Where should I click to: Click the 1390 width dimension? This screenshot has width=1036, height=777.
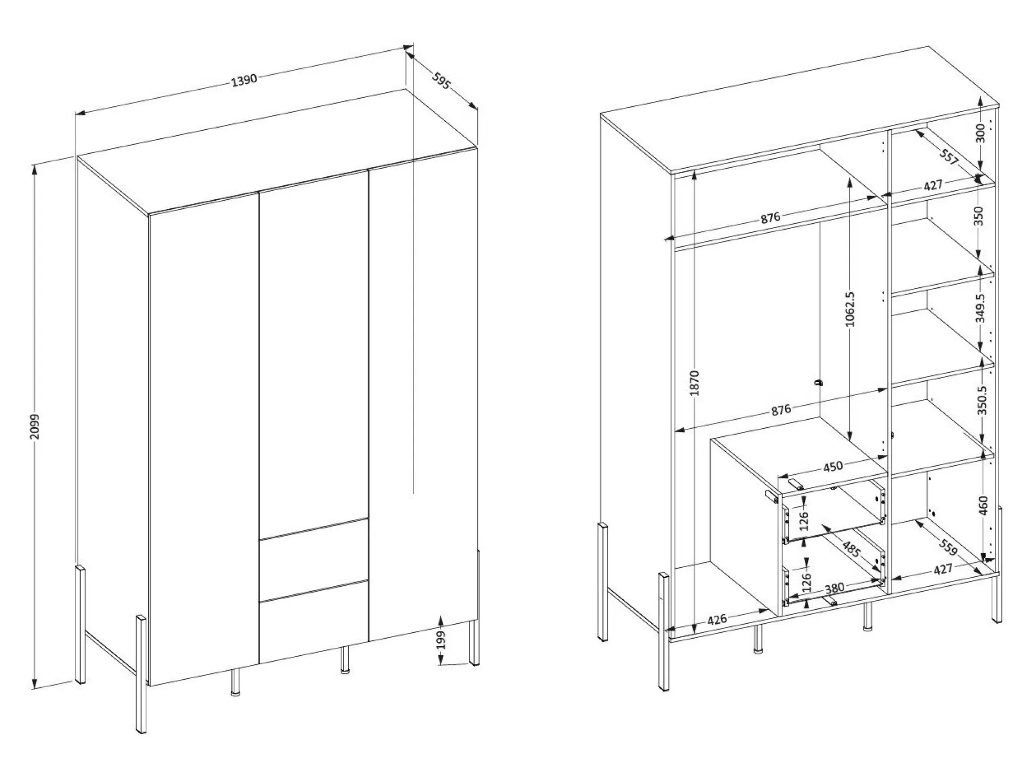(244, 80)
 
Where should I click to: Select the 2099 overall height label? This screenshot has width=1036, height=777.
(35, 426)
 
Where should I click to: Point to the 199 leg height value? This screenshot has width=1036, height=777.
(441, 640)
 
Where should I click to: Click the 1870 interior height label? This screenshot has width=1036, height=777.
(694, 383)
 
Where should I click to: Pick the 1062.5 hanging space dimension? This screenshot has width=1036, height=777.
(851, 309)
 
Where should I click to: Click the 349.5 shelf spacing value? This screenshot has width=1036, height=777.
(980, 308)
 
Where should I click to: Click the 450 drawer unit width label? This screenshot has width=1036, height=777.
(833, 466)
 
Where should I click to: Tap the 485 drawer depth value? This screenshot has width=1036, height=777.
(850, 548)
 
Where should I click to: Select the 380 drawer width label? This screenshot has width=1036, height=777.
(835, 588)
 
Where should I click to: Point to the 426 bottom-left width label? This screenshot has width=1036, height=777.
(717, 619)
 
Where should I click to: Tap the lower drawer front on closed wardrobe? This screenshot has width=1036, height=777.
(314, 622)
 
